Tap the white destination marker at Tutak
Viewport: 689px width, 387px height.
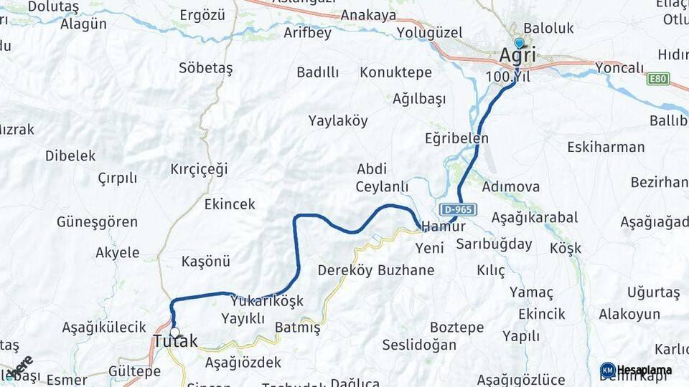pos(174,333)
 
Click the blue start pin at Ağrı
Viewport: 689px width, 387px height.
pos(519,43)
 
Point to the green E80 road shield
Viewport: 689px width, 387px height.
pos(657,79)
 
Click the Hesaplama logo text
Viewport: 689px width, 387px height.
pos(645,370)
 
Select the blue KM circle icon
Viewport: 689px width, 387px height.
pos(607,370)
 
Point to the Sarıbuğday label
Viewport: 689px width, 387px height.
pos(494,244)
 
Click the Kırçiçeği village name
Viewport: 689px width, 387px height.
pos(199,169)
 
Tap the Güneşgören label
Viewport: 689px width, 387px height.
pos(97,222)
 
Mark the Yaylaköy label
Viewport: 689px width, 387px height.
pos(338,120)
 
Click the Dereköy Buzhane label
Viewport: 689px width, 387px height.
pos(376,270)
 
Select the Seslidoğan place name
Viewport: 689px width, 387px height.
pos(419,345)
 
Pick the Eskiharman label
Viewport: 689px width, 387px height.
pos(606,148)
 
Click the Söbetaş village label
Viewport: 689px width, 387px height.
pos(205,68)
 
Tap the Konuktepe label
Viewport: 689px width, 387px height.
pos(395,72)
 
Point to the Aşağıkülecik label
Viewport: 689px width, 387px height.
pos(104,328)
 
